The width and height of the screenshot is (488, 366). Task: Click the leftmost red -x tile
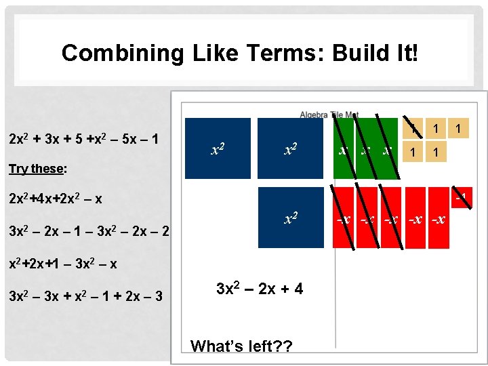click(344, 219)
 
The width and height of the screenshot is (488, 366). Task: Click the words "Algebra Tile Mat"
click(329, 114)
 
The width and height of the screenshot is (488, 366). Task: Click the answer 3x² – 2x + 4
click(259, 289)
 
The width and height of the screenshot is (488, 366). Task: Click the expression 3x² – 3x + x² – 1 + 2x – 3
click(85, 296)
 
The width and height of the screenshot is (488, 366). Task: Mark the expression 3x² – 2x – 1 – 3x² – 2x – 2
click(88, 231)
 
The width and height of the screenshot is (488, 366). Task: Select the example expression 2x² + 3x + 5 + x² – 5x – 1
click(84, 139)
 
